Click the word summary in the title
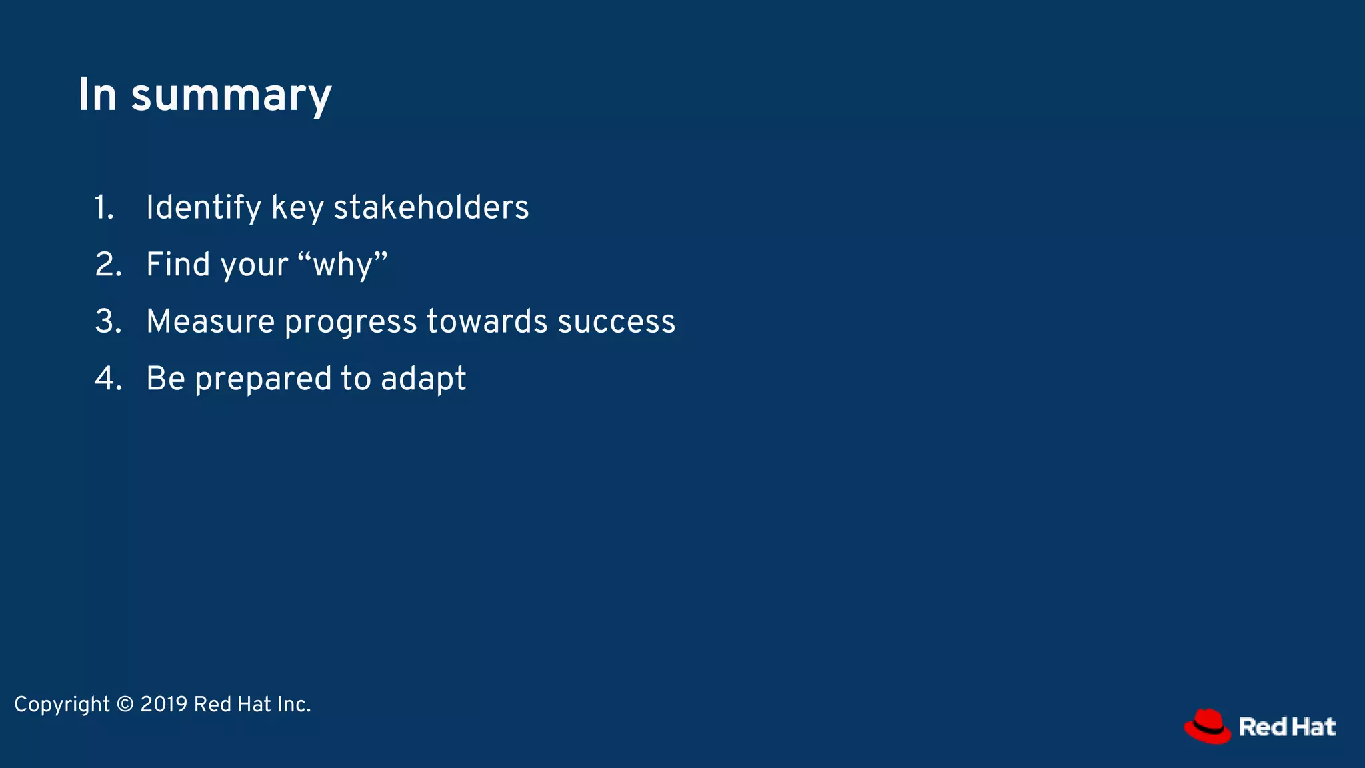coord(231,95)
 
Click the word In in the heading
coord(97,95)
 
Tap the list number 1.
coord(104,207)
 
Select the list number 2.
coord(108,265)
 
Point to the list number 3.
coord(108,321)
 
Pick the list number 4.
coord(108,379)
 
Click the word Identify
coord(203,207)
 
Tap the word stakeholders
coord(431,207)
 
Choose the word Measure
coord(210,321)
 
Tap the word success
coord(616,322)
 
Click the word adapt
coord(423,379)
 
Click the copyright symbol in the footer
coord(125,704)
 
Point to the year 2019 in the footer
coord(163,704)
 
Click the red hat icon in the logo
coord(1207,726)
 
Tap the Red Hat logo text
coord(1286,727)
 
